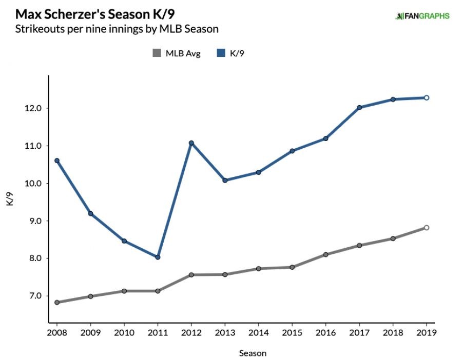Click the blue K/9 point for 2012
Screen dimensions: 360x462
point(191,143)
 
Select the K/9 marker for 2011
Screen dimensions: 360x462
point(158,257)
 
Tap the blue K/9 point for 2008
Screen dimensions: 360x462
point(57,161)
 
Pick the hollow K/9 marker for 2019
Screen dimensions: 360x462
point(426,97)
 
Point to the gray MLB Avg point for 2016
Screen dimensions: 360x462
point(325,254)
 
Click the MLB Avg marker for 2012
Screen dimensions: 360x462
point(191,275)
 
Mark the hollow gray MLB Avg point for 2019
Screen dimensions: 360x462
point(426,228)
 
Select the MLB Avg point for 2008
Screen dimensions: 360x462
point(57,303)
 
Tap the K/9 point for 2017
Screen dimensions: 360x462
point(359,107)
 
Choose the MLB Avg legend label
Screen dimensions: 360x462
point(183,53)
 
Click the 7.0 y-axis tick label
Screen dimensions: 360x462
point(35,296)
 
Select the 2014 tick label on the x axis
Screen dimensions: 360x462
point(258,332)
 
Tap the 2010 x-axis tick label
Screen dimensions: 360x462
point(124,332)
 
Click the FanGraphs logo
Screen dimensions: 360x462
point(422,16)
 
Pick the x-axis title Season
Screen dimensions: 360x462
point(253,353)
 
